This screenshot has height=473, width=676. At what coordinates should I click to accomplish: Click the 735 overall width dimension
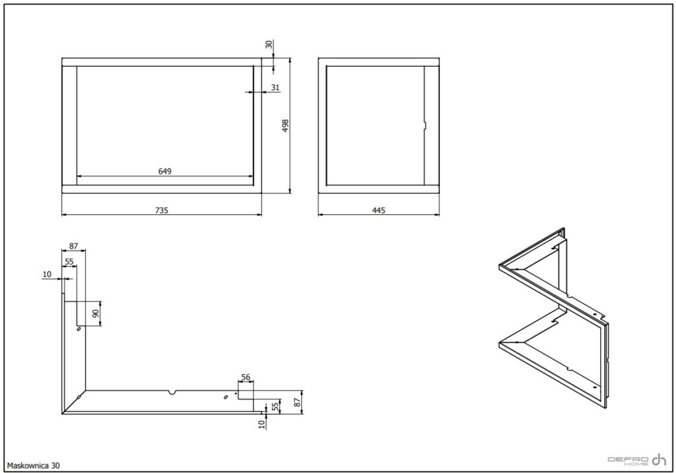162,210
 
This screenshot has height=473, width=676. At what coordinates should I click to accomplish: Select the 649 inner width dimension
164,172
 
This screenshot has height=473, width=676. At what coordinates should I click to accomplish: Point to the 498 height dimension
285,125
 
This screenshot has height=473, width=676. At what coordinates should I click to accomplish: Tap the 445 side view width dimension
378,210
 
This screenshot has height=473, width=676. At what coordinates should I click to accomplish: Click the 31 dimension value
275,88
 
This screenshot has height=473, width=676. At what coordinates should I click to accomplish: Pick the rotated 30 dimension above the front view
269,44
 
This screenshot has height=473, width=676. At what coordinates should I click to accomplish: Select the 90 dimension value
96,313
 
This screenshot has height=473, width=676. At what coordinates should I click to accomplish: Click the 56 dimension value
246,377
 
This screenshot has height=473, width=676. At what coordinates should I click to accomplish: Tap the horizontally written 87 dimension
74,246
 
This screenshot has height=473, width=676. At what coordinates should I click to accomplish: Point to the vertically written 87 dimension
296,402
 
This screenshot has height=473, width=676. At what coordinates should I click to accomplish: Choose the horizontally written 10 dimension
48,274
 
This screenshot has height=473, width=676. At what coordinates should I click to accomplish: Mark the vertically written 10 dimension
261,424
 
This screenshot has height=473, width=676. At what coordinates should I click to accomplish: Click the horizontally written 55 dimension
69,261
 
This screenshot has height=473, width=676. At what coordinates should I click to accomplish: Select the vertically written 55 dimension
275,406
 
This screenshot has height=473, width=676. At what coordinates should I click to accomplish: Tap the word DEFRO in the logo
628,459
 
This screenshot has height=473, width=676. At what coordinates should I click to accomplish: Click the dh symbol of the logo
659,460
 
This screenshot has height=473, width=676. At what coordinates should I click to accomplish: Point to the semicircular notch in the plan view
172,392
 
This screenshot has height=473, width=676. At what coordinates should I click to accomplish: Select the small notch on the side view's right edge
424,125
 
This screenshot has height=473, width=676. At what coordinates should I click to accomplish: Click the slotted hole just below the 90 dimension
79,329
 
